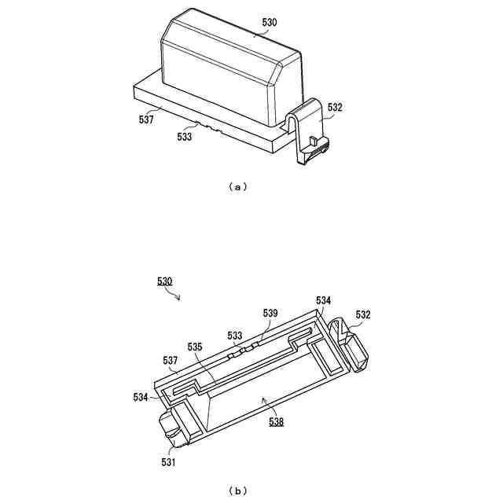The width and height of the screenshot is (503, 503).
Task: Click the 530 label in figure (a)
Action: [269, 24]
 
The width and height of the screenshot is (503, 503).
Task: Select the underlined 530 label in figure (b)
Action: [166, 281]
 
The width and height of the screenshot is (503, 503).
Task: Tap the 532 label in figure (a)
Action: [335, 108]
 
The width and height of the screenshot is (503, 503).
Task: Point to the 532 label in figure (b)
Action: [363, 315]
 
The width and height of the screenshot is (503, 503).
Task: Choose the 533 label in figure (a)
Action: [185, 136]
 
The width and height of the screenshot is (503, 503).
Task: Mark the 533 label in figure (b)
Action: [235, 336]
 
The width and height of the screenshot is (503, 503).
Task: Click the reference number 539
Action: [270, 313]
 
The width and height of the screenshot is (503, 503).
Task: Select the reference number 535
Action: [196, 346]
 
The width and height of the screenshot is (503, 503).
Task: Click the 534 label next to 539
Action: [324, 300]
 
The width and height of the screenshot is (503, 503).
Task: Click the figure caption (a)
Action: [237, 187]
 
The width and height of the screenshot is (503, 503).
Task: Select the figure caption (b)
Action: [237, 491]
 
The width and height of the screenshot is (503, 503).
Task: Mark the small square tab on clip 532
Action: [312, 141]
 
